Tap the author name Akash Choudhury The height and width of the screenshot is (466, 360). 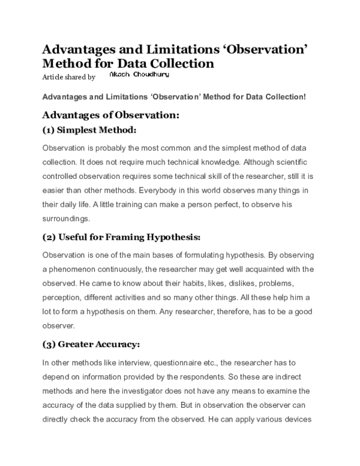click(139, 76)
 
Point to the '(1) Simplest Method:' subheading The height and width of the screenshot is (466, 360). click(89, 130)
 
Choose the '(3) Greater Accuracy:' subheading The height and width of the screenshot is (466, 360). click(91, 344)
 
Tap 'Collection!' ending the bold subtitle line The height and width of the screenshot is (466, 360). click(284, 96)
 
